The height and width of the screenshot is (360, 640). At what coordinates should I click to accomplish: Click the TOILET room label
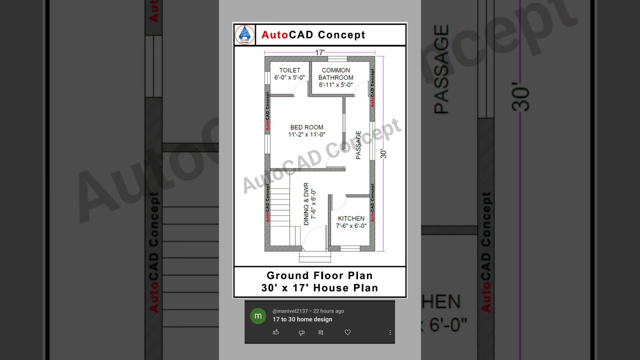click(289, 70)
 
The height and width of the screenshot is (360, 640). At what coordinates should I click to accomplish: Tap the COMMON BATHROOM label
click(335, 74)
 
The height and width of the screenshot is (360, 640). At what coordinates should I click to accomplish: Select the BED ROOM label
click(306, 127)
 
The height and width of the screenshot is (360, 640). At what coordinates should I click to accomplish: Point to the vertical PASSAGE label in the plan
click(358, 145)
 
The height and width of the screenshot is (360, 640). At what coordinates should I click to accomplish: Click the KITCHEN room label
click(351, 218)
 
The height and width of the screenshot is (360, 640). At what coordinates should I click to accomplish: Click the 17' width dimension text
click(319, 52)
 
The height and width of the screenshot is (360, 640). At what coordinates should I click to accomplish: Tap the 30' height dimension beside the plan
click(383, 153)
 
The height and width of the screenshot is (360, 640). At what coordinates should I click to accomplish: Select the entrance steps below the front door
click(315, 257)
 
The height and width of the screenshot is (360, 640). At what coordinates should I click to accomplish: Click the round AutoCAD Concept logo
click(244, 34)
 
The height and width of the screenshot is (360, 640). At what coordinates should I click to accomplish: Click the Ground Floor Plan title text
click(319, 275)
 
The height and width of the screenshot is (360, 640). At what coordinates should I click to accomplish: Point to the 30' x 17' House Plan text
click(319, 288)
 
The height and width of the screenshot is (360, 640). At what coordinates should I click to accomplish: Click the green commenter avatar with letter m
click(258, 315)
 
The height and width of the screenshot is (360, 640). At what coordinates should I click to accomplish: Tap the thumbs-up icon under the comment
click(275, 332)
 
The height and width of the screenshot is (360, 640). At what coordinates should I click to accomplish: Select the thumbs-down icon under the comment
click(301, 332)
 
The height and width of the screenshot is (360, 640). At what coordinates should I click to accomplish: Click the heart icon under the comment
click(347, 332)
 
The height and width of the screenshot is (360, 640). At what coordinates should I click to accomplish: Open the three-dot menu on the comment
click(390, 332)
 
